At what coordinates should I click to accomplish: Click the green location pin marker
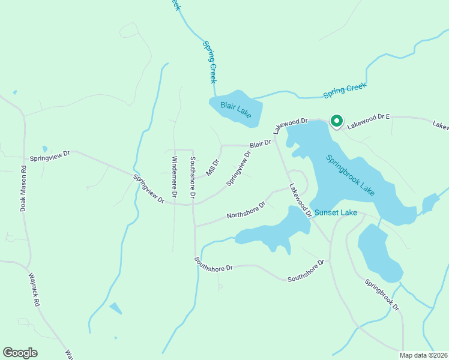336,122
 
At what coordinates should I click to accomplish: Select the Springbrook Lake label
351,175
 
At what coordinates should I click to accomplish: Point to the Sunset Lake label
337,212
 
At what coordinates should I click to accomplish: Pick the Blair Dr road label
261,144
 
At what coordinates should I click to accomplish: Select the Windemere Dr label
175,177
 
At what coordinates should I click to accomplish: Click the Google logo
20,353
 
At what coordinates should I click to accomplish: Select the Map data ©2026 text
423,355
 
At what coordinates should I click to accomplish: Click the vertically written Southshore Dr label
193,178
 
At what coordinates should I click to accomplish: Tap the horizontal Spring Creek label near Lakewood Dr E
345,91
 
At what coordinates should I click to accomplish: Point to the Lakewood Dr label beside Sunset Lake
300,200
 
